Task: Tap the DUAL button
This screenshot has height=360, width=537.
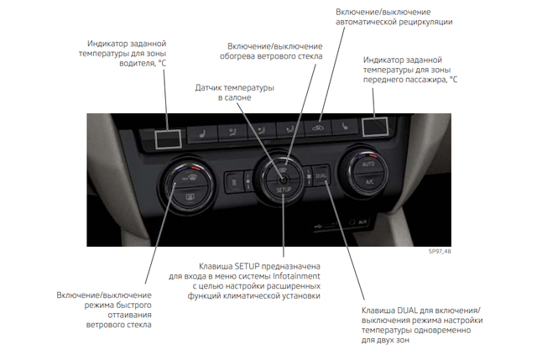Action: tap(321, 175)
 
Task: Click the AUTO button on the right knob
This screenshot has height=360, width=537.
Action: tap(368, 164)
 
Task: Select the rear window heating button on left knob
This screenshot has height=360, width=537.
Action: tap(190, 196)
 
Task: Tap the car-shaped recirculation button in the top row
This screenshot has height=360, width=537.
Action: tap(318, 128)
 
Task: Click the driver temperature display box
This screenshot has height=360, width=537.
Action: tap(168, 139)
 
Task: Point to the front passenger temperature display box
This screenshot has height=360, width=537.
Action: tap(375, 127)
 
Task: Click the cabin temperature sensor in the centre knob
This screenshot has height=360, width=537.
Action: tap(283, 179)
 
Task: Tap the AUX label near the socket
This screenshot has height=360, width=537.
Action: tap(362, 222)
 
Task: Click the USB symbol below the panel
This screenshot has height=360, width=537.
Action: tap(318, 226)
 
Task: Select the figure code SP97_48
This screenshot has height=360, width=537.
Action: tap(440, 252)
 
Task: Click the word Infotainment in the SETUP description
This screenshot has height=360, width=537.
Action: tap(296, 276)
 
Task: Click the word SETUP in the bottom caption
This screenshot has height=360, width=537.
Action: tap(248, 266)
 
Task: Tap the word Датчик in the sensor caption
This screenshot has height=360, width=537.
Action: tap(207, 88)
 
